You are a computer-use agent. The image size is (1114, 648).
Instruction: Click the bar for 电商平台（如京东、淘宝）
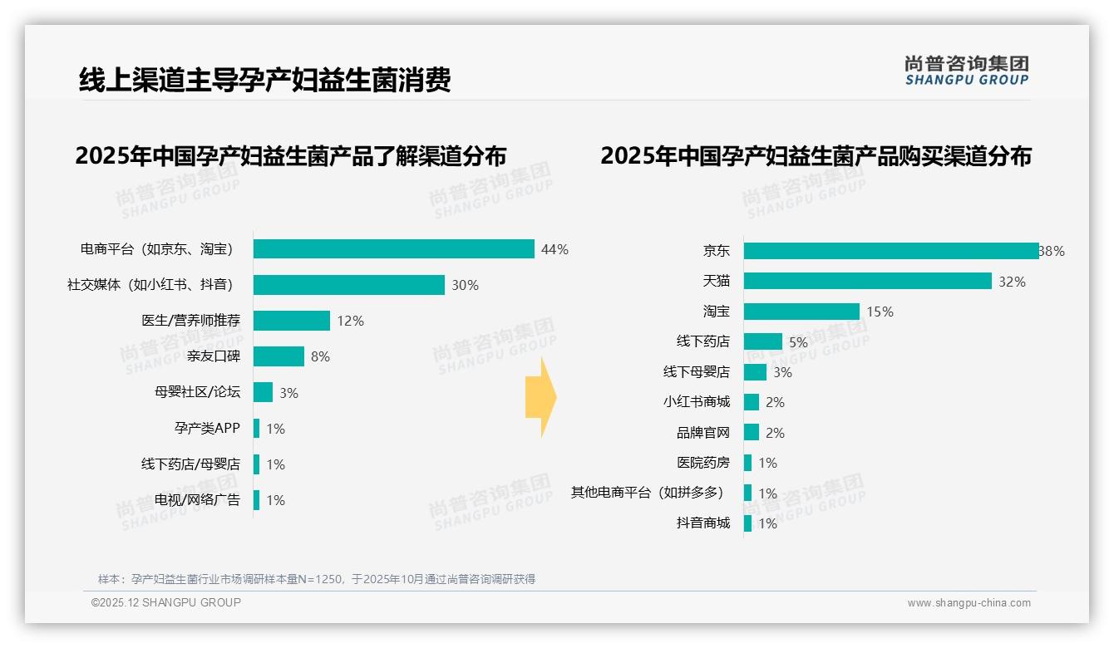[393, 249]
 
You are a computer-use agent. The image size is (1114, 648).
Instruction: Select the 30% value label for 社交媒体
[465, 285]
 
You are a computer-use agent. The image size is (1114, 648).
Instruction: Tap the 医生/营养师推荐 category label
[190, 321]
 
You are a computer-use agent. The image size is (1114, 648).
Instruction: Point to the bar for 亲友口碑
[278, 356]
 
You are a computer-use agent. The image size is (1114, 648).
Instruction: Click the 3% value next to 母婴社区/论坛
[288, 393]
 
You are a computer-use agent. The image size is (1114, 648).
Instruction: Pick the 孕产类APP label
[207, 429]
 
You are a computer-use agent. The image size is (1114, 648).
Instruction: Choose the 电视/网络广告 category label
[197, 500]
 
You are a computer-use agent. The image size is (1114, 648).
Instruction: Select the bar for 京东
[890, 251]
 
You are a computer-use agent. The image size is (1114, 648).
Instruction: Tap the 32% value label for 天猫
[1012, 282]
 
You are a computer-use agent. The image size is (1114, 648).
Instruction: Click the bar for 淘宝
[801, 312]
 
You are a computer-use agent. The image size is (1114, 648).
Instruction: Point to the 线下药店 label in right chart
[702, 341]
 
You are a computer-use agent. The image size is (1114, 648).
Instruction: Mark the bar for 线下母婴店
[755, 372]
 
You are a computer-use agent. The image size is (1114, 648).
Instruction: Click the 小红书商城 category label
[696, 402]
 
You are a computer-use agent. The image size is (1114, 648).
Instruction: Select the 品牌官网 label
[702, 433]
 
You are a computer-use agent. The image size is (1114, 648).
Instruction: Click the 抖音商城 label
[702, 523]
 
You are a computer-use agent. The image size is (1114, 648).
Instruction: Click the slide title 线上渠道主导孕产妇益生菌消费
[264, 81]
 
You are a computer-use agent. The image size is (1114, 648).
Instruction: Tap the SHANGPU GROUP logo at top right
[966, 71]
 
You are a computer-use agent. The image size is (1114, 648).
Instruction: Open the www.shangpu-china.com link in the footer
[969, 603]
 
